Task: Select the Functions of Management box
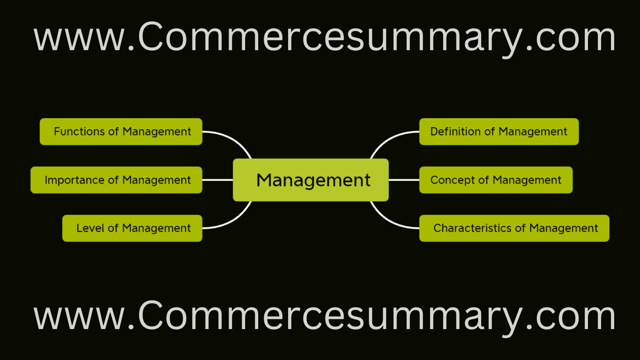click(x=121, y=132)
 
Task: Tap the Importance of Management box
click(x=116, y=180)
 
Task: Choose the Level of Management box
click(x=132, y=228)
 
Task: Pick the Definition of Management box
click(x=499, y=132)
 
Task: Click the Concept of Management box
click(x=496, y=180)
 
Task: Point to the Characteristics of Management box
click(x=514, y=228)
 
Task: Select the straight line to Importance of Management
click(x=217, y=180)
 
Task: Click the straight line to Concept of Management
click(x=404, y=180)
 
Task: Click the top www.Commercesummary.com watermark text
click(x=324, y=38)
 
